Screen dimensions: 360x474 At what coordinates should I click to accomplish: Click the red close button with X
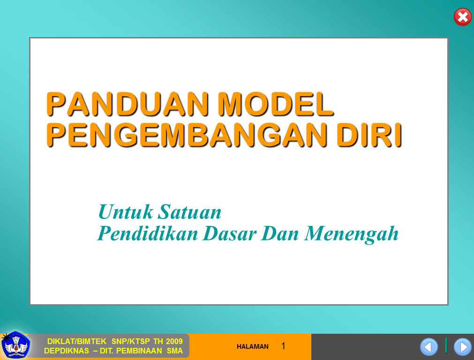[462, 17]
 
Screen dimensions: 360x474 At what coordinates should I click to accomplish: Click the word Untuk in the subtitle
[126, 212]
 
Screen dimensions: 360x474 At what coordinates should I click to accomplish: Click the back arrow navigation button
[429, 347]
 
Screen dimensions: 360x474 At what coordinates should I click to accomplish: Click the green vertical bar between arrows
[446, 345]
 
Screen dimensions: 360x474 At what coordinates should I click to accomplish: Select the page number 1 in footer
[283, 346]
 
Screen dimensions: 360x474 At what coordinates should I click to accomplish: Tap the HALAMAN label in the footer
[253, 347]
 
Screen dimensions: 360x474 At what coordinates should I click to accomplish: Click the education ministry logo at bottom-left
[15, 346]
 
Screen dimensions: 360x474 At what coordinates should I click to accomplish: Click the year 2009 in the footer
[174, 341]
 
